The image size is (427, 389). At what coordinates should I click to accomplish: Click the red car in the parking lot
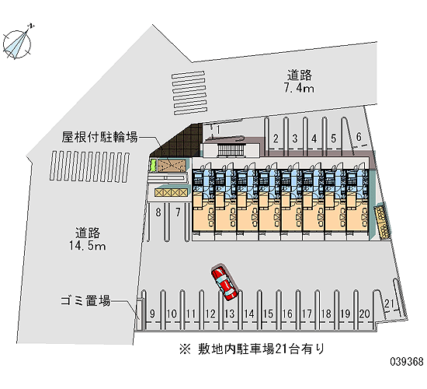click(224, 283)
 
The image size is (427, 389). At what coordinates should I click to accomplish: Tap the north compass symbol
click(17, 44)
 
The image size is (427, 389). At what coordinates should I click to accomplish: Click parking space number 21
click(390, 303)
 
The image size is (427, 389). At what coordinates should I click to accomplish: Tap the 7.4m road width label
click(299, 89)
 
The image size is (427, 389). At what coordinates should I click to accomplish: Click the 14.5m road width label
click(87, 245)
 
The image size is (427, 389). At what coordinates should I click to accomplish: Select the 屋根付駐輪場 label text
click(99, 137)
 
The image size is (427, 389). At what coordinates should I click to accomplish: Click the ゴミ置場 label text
click(85, 300)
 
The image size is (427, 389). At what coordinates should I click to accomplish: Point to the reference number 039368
click(407, 362)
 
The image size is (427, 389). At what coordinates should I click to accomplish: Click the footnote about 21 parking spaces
click(252, 349)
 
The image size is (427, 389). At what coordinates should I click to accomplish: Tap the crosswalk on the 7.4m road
click(189, 93)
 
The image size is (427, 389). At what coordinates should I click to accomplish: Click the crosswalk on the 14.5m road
click(89, 166)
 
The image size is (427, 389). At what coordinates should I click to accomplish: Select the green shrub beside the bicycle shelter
click(153, 166)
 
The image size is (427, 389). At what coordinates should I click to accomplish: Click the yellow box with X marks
click(171, 192)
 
